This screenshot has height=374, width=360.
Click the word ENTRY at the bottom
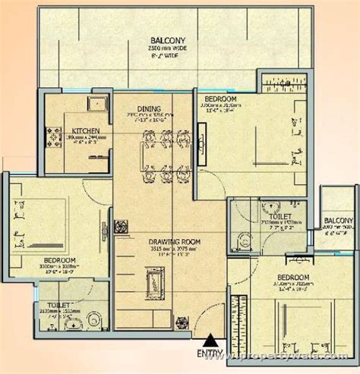click(209, 353)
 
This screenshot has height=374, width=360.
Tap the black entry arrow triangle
click(209, 341)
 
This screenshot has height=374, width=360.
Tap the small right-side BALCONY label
click(339, 222)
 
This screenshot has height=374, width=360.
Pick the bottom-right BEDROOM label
click(292, 278)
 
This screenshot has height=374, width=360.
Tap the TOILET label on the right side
click(271, 205)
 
